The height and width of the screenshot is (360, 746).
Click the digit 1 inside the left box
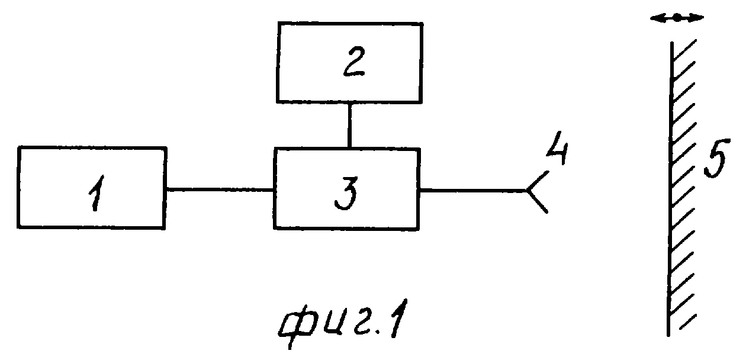pyautogui.click(x=97, y=193)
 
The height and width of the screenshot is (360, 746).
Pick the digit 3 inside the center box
pyautogui.click(x=346, y=193)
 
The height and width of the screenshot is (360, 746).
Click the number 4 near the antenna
pyautogui.click(x=557, y=148)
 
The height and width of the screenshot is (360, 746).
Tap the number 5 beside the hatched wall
pyautogui.click(x=716, y=158)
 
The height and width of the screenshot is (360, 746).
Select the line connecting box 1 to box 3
pyautogui.click(x=220, y=190)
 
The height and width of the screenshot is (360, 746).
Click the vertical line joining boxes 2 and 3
pyautogui.click(x=349, y=126)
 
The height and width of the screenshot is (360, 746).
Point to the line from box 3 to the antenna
pyautogui.click(x=473, y=191)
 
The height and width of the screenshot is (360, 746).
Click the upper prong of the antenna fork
pyautogui.click(x=538, y=181)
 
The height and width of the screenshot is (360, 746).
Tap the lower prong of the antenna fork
pyautogui.click(x=538, y=201)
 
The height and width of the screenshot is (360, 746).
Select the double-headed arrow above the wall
pyautogui.click(x=677, y=18)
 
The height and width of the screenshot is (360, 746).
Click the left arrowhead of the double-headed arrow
pyautogui.click(x=657, y=18)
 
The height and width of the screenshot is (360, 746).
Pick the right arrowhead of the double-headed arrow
pyautogui.click(x=697, y=18)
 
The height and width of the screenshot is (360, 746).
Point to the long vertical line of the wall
pyautogui.click(x=670, y=189)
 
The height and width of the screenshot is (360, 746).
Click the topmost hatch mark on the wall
pyautogui.click(x=684, y=50)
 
